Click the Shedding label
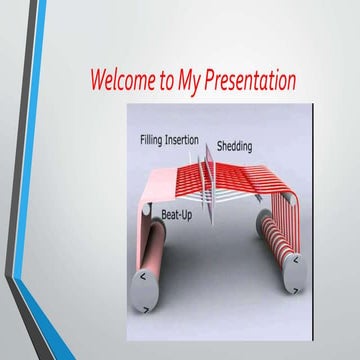(234, 147)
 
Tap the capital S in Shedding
(220, 147)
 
